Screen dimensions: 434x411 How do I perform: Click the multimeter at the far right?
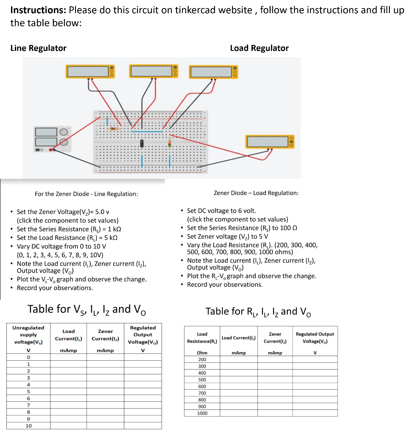pos(270,142)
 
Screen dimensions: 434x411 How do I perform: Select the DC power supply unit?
pos(53,139)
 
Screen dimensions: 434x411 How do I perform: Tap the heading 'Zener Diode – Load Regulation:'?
pos(256,193)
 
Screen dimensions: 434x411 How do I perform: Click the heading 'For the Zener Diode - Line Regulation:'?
pos(86,194)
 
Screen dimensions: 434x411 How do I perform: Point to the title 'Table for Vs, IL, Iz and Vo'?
pos(87,309)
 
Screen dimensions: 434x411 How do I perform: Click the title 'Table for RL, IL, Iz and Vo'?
pos(259,312)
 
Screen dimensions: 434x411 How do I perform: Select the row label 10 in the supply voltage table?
pos(28,426)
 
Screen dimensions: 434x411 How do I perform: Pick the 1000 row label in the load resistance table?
pos(202,413)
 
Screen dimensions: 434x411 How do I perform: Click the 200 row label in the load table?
pos(202,359)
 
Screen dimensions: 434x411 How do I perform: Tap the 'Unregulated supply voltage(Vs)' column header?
pos(28,334)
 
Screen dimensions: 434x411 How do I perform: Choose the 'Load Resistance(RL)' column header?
pos(202,337)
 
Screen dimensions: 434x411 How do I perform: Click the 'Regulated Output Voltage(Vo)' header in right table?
pos(315,337)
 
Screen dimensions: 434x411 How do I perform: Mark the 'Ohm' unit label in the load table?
pos(202,353)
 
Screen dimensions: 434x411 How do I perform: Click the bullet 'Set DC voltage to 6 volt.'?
pos(221,211)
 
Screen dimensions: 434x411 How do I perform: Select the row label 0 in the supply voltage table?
pos(28,357)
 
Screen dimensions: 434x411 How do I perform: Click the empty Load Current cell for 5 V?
pos(68,391)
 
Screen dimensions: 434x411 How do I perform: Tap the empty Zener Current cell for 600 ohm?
pos(275,387)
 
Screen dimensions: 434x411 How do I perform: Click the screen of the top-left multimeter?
pos(87,71)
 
